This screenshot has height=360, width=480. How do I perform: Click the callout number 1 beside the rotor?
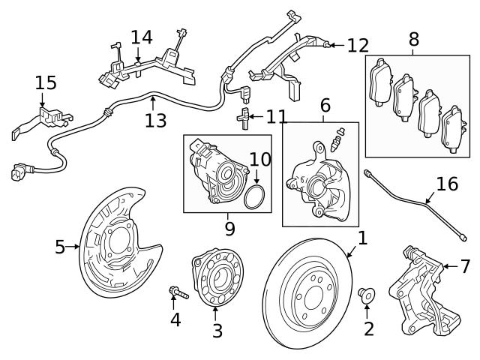(362, 238)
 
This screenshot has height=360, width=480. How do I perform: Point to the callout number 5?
(60, 247)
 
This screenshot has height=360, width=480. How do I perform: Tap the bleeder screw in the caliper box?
(338, 138)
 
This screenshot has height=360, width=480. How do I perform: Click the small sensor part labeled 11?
(242, 118)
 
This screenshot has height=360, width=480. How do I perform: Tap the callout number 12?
(358, 46)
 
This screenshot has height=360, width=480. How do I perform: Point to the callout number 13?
(155, 120)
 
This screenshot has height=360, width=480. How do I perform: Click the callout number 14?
(141, 37)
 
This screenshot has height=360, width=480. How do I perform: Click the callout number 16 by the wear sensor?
(446, 184)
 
